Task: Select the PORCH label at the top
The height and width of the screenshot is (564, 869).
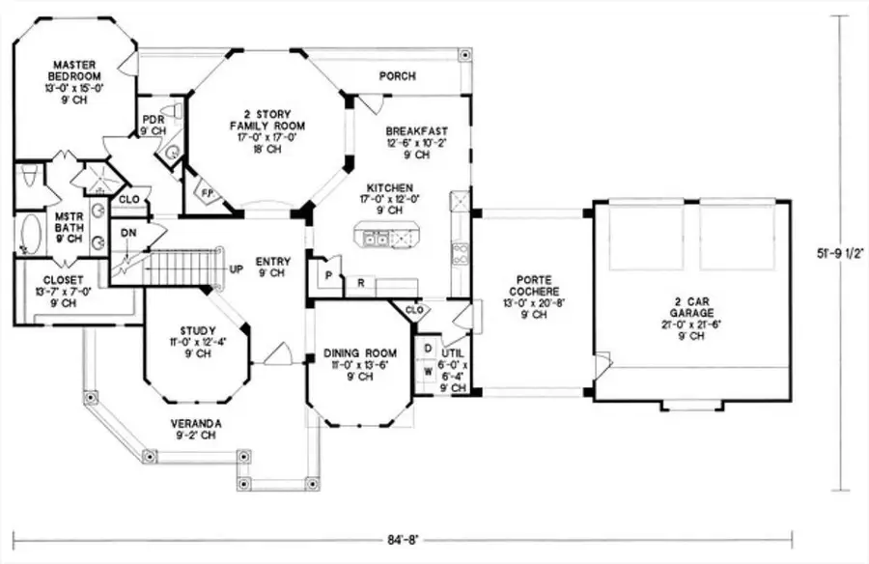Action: click(x=397, y=75)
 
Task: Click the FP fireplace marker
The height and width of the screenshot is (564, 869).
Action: click(x=206, y=191)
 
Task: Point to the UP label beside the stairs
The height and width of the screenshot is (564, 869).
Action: click(x=234, y=268)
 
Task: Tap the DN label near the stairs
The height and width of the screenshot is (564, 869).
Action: click(x=128, y=233)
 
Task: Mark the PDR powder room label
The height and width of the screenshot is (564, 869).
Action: click(x=153, y=123)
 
